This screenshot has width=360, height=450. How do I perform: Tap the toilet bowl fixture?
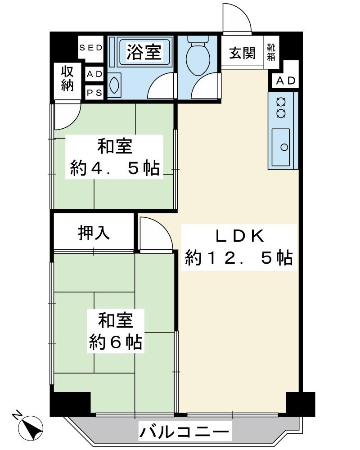198,58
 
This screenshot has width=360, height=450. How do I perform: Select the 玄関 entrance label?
242,53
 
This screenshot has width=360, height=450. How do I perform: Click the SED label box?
91,47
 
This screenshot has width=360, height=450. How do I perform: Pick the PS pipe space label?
94,93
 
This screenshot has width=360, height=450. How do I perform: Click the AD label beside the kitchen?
285,81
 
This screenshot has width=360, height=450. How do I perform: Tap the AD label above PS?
94,74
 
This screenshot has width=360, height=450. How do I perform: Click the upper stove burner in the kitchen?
281,101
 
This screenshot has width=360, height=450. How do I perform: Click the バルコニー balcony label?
184,433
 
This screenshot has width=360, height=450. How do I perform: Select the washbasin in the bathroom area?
113,84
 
